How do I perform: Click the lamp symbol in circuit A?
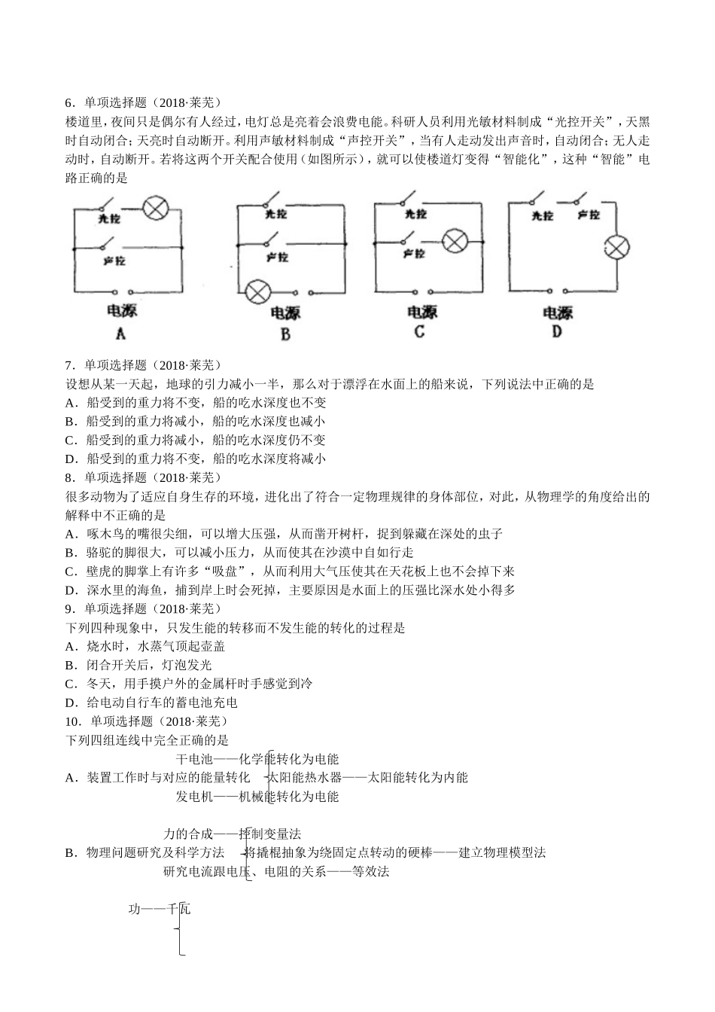[x=156, y=209]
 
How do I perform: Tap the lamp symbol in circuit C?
[x=455, y=242]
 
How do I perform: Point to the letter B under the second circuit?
[x=285, y=334]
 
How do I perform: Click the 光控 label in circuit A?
[x=109, y=219]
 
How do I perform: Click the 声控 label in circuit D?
[x=589, y=215]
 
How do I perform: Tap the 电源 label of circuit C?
[x=421, y=312]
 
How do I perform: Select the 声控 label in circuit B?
[x=277, y=257]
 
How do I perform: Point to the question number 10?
[x=72, y=721]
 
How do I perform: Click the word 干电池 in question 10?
[x=195, y=759]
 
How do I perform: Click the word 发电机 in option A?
[x=195, y=797]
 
